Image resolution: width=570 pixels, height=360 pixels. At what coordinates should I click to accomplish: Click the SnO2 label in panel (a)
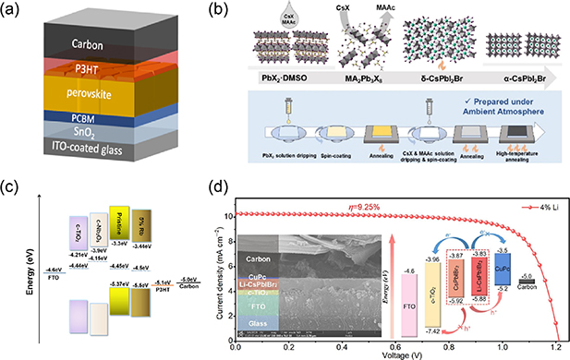[79, 131]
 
